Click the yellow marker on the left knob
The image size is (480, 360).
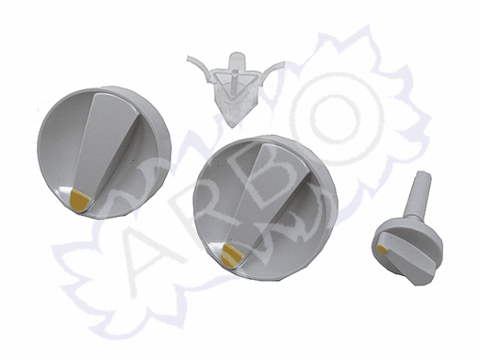coord(78,201)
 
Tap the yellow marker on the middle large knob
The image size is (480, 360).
coord(231,255)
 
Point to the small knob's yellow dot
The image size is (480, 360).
coord(383,250)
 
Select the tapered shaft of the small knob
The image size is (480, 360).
coord(418,195)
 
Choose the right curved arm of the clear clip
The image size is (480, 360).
coord(273,71)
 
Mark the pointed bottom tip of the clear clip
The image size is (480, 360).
coord(232,126)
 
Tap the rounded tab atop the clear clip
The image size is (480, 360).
coord(238,60)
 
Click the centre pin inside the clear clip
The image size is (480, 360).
coord(235,82)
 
